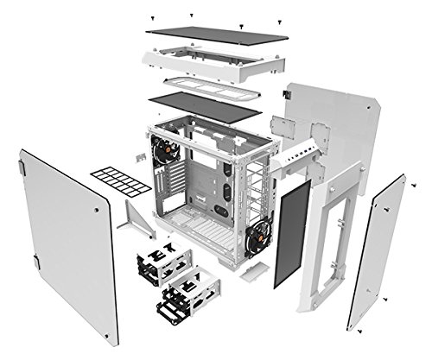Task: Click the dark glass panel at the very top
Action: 216,33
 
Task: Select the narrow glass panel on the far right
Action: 377,250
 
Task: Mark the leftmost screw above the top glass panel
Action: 152,16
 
